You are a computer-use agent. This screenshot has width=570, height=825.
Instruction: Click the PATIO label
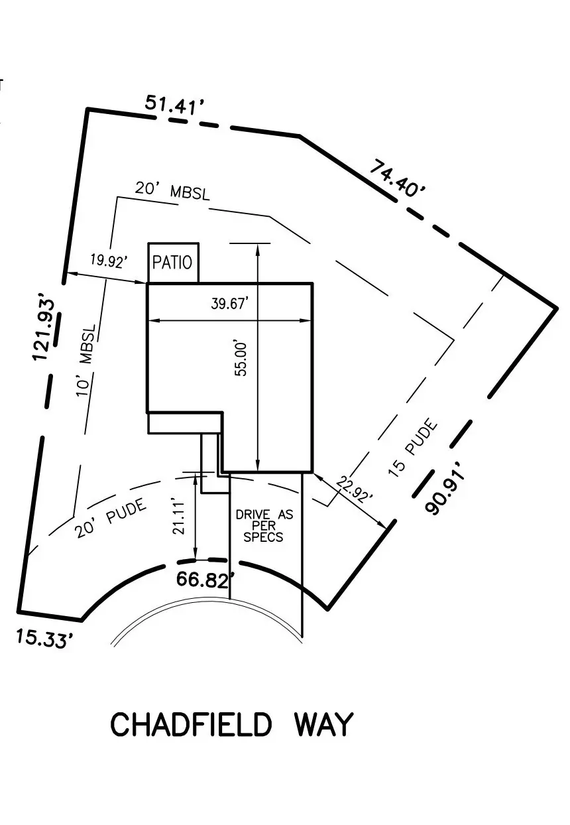coord(172,263)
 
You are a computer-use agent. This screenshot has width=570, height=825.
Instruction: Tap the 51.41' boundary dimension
coord(174,105)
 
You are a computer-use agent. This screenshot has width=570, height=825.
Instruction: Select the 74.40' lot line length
coord(398,178)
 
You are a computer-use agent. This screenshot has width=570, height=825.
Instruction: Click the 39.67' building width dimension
coord(229,304)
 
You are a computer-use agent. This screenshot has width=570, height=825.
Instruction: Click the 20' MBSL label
coord(172,190)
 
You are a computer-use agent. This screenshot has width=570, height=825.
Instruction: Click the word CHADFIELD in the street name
coord(191,725)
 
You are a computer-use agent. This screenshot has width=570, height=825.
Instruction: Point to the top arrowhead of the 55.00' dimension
coord(257,247)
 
